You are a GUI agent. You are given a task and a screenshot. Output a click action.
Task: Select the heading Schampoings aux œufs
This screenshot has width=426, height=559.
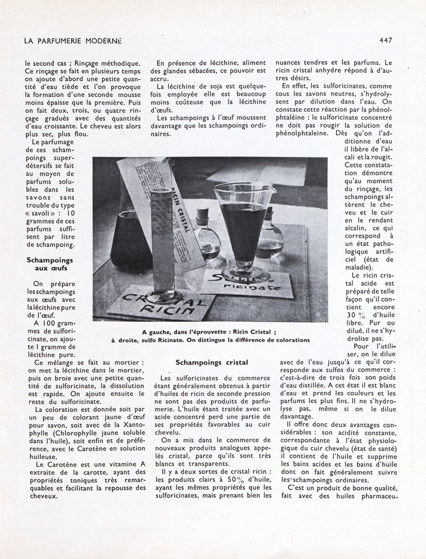(50, 265)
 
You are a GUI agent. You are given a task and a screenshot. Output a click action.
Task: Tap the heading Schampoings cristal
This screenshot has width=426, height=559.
(212, 363)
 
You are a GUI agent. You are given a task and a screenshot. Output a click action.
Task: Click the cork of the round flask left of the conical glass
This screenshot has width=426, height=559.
(201, 212)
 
